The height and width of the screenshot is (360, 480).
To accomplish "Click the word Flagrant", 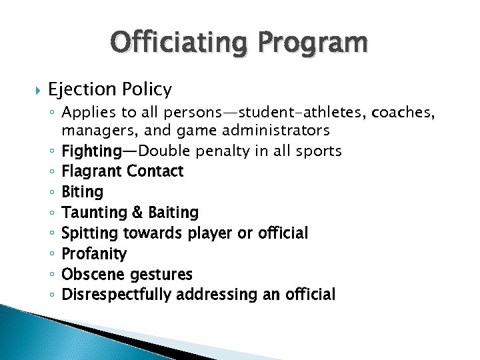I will point(92,171).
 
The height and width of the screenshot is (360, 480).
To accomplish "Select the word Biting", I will point(82,192).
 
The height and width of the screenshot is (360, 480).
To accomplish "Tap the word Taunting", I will point(93,213).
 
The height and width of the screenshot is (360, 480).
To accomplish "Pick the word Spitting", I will point(89,233).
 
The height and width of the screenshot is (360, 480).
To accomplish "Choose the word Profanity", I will point(94,254).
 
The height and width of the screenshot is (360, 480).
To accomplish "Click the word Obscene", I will point(89,274).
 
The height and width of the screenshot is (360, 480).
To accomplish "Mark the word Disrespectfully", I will point(117,295).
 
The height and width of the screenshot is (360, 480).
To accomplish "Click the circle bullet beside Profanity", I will point(53,254).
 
